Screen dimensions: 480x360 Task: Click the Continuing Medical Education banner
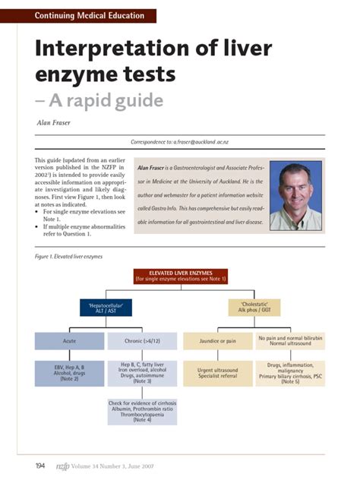pos(94,16)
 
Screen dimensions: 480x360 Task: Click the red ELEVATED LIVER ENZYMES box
pos(180,275)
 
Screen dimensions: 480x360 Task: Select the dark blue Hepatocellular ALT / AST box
pos(106,307)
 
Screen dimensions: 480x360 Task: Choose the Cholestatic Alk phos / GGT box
pos(254,307)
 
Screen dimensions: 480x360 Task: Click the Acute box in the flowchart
pos(69,341)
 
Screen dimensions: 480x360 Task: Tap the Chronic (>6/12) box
pos(141,341)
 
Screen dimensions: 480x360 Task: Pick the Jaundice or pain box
pos(216,341)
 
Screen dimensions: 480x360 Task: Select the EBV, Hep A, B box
pos(69,374)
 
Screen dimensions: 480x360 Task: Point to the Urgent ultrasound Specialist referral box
pos(216,374)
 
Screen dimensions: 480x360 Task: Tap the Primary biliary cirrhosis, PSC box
pos(289,373)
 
